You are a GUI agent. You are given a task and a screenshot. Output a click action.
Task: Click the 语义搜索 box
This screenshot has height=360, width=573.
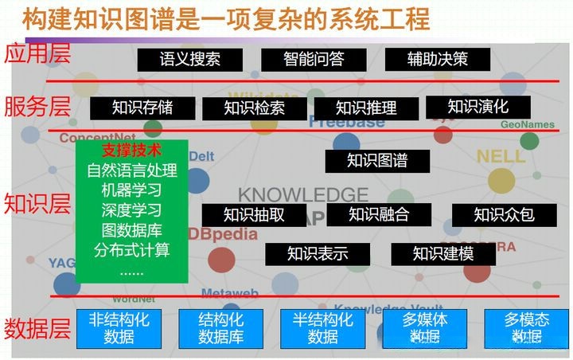pos(189,59)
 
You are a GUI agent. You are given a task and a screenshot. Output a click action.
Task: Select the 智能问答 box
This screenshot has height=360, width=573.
pos(314,59)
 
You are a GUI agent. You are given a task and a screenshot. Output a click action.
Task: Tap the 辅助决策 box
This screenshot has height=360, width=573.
pos(437,59)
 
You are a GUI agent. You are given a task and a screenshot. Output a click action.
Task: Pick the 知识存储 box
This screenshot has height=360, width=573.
pos(142,108)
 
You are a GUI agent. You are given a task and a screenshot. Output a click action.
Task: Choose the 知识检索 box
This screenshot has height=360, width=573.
pos(255,108)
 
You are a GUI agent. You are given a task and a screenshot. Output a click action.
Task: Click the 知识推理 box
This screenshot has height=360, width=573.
pos(366,108)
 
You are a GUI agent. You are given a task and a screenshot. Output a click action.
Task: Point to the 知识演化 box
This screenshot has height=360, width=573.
pos(477,107)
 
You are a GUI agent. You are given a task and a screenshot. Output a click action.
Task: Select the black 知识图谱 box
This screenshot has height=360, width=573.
pos(377,160)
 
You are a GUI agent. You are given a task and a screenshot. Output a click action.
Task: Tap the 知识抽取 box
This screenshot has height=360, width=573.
pos(254,214)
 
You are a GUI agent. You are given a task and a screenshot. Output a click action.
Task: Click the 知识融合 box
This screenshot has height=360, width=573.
pos(379,213)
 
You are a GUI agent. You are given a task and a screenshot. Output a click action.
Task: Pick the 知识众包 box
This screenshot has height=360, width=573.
pos(504,214)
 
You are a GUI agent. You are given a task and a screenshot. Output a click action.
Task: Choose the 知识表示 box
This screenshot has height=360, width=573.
pos(318,254)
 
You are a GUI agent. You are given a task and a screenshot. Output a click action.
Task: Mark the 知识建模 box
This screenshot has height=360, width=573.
pos(442,254)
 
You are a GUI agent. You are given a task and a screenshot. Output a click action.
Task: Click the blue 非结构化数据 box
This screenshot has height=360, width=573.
pos(119,328)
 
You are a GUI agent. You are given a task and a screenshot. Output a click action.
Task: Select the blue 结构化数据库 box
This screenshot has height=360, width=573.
pos(220,328)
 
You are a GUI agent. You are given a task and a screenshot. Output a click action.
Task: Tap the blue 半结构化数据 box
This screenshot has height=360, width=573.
pos(322,328)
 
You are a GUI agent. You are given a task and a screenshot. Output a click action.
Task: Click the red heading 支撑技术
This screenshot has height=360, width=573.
pos(132,151)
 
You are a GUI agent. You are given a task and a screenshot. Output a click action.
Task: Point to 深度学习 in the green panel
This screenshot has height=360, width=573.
pos(132,210)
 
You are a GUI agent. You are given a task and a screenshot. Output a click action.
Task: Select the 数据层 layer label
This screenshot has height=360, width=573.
pos(37,327)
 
